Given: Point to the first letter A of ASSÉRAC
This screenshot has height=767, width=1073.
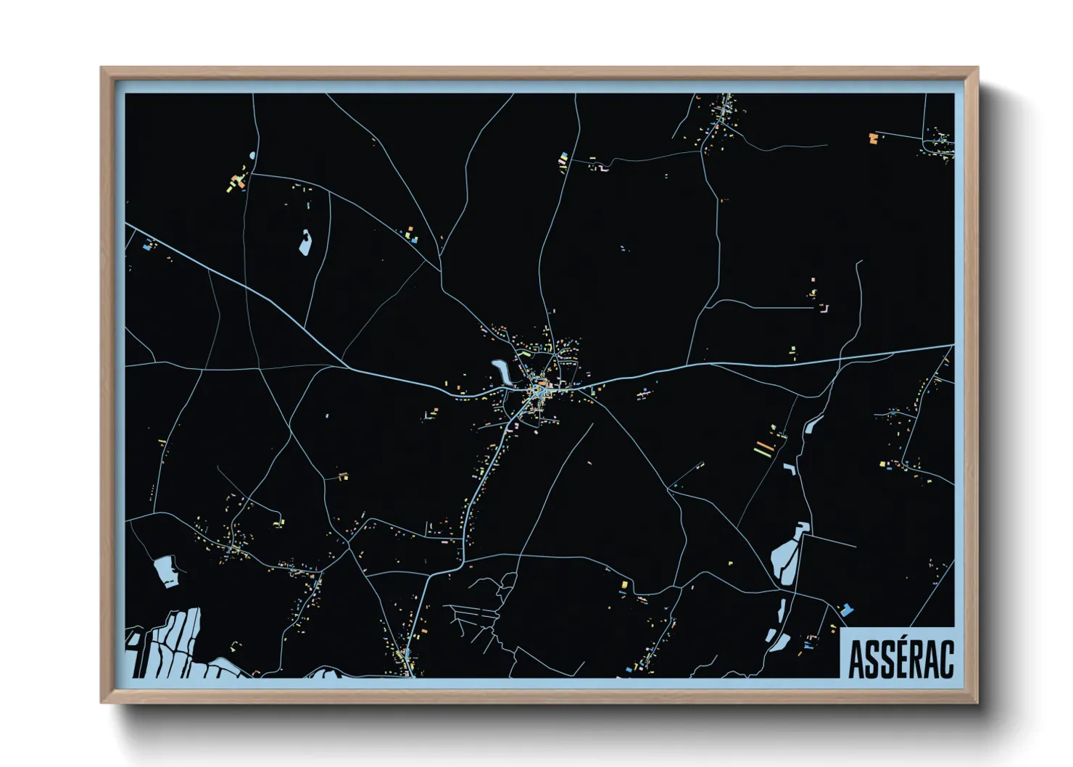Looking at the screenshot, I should (855, 659).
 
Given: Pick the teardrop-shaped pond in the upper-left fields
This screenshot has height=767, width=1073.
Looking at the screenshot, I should (305, 242).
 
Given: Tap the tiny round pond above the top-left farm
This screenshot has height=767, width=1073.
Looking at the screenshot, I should (252, 155).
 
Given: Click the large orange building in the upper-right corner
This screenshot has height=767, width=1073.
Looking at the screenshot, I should (873, 137).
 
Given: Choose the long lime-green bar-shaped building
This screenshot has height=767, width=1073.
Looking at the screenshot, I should (761, 452).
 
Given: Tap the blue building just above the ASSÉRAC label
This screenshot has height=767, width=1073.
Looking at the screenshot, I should (846, 610).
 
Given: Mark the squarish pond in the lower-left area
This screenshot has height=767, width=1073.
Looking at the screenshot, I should (166, 571).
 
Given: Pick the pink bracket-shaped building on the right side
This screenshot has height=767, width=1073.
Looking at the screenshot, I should (824, 309).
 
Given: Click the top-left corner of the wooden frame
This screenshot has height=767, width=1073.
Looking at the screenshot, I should (102, 69).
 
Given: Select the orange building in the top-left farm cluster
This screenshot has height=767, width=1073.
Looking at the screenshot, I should (237, 180).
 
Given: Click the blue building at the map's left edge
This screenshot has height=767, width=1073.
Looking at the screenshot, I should (148, 246).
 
